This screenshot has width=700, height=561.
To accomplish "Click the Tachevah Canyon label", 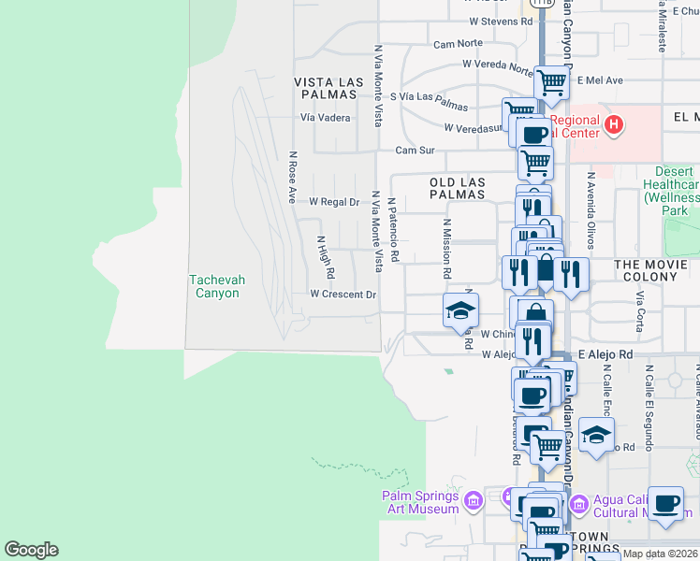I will click(213, 286).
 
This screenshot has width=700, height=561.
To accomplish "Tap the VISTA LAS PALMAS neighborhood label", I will click(327, 89).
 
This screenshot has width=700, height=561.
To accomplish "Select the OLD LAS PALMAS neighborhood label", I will click(458, 188).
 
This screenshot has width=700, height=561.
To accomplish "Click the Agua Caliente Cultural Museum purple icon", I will click(577, 505).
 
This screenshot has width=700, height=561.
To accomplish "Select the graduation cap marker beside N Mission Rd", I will click(460, 309).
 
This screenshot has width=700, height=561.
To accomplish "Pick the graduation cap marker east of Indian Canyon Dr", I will click(596, 434).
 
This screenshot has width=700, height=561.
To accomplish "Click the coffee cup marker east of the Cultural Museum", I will click(665, 503).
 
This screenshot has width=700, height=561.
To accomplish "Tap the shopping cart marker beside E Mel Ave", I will click(552, 82).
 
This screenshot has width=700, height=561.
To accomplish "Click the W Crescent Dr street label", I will click(343, 295).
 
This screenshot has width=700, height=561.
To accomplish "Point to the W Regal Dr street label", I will click(334, 202).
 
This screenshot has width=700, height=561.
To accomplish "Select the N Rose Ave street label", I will click(293, 178).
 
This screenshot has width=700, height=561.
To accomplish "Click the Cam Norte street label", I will click(458, 44).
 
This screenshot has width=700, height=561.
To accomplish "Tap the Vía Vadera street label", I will click(326, 118).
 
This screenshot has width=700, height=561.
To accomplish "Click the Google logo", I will click(31, 550).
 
